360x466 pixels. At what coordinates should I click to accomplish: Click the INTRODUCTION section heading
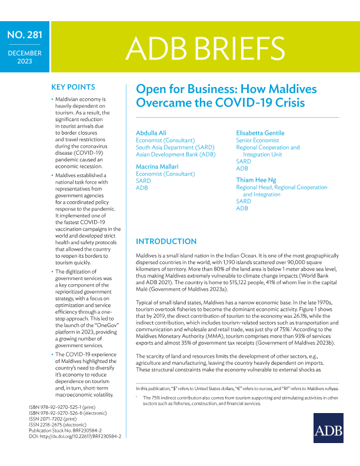click(170, 242)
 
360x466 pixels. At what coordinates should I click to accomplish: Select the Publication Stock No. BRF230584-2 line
click(69, 437)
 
